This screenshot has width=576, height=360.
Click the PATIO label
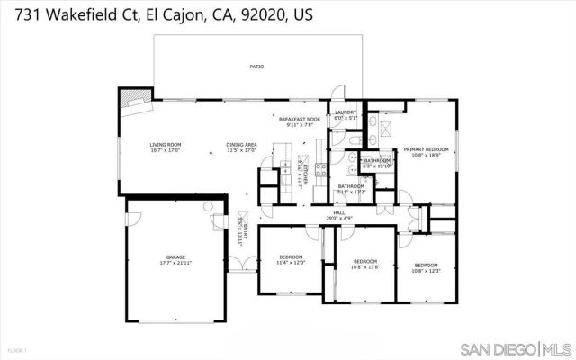256,67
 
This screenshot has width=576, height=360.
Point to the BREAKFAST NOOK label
300,120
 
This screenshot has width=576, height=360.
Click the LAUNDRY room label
346,113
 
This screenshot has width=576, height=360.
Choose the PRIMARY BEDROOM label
426,149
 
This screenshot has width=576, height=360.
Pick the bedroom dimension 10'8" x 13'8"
365,267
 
